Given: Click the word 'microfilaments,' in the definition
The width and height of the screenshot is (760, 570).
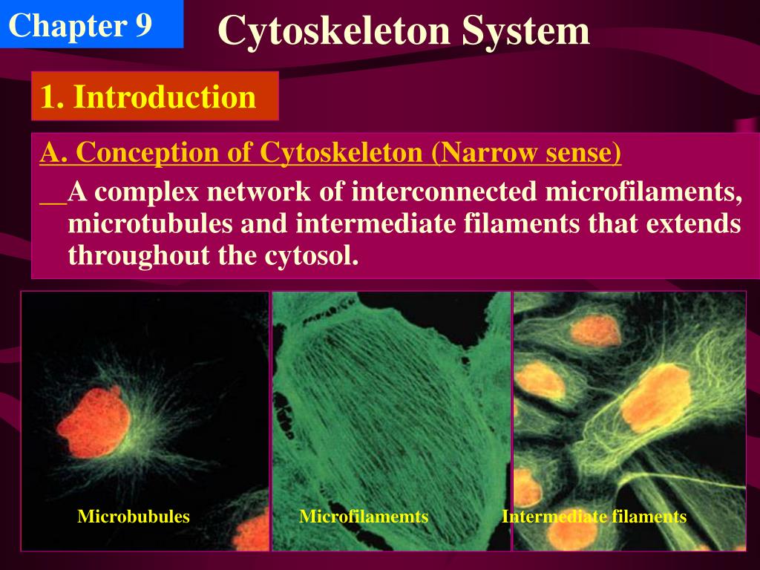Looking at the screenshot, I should (644, 192).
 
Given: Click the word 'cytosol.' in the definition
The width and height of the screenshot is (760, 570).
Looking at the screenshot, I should (312, 256).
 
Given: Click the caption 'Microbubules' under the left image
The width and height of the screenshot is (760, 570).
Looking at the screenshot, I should (134, 517).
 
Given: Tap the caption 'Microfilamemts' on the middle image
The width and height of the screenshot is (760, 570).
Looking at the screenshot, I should (364, 517).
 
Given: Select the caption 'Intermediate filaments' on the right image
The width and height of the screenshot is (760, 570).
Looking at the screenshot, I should (594, 517).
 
